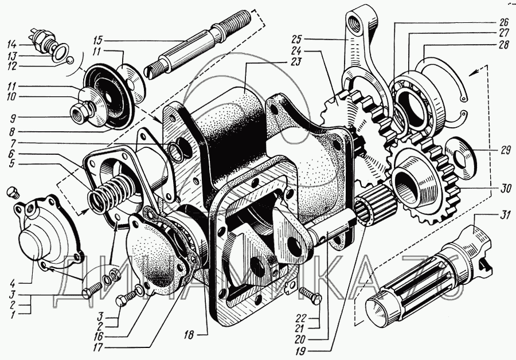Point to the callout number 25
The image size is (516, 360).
[x=296, y=40]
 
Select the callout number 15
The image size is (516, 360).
[x=97, y=41]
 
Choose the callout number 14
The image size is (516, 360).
[x=12, y=44]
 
